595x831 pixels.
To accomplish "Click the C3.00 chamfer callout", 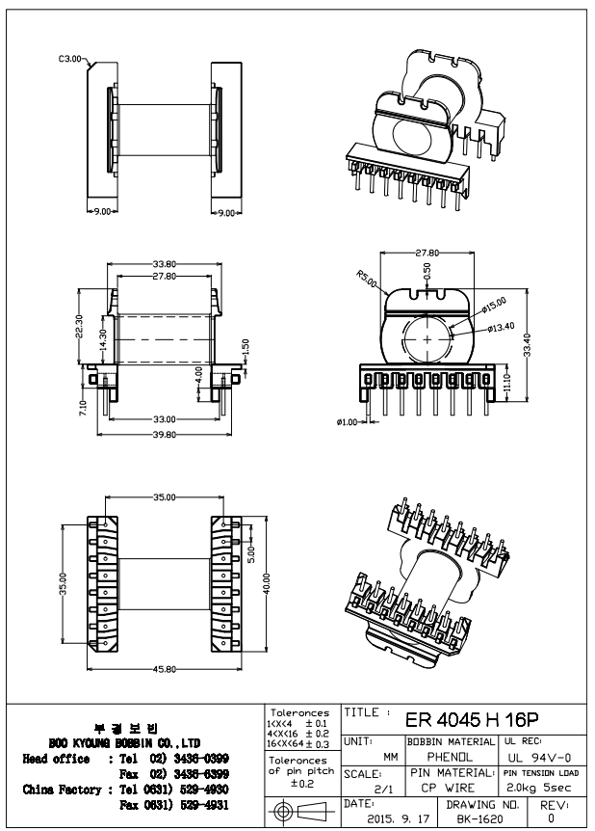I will [71, 59].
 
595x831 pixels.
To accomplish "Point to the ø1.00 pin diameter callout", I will [347, 422].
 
